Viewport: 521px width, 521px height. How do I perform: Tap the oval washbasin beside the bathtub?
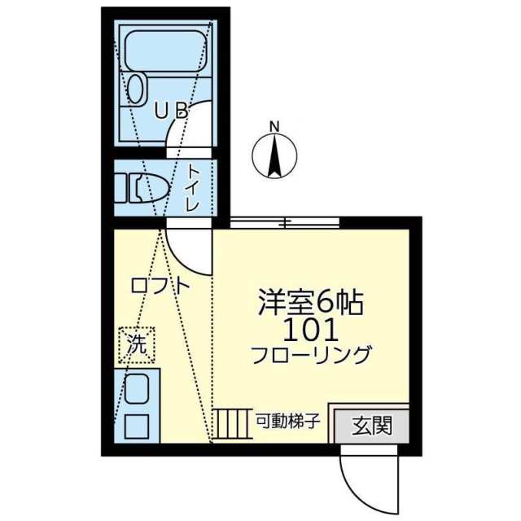(137, 87)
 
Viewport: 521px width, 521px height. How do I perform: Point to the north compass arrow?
(274, 155)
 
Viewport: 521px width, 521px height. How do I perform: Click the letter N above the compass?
(275, 126)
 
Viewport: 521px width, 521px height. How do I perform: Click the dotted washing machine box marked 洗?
(137, 345)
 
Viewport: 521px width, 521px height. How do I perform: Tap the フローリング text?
(311, 356)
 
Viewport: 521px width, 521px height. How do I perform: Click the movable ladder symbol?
(233, 423)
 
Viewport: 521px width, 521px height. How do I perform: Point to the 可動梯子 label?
(287, 422)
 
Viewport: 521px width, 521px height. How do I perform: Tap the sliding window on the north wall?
(284, 222)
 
